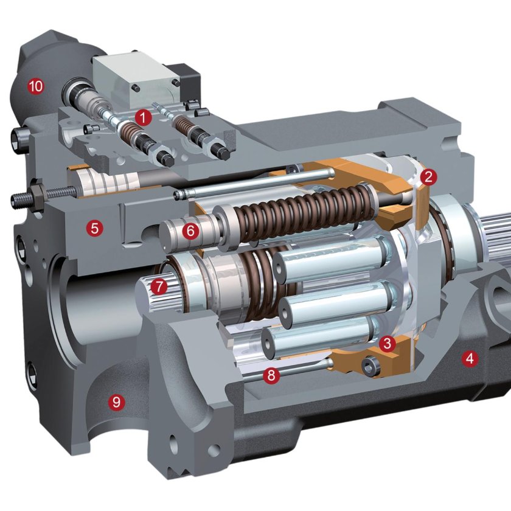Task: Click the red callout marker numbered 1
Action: coord(144,117)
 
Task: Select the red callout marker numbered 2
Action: coord(428,176)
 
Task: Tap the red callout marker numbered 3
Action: coord(387,343)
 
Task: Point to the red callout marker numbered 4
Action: coord(470,358)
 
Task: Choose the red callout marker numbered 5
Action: coord(94,228)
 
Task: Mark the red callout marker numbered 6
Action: coord(190,231)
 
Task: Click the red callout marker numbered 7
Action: coord(159,287)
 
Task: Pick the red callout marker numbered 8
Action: coord(271,375)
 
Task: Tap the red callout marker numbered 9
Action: coord(116,402)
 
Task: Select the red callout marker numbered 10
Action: coord(36,86)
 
